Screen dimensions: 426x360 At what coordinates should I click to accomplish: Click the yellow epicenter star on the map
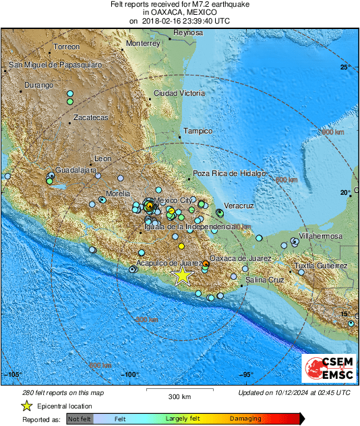tap(181, 275)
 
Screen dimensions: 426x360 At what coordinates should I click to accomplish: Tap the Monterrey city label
tap(142, 43)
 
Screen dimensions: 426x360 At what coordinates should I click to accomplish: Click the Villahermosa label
tap(321, 237)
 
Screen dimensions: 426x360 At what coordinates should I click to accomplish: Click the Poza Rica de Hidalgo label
tap(231, 173)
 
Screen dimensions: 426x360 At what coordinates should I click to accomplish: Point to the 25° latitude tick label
tap(345, 67)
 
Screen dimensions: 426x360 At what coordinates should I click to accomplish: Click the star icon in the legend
tap(26, 406)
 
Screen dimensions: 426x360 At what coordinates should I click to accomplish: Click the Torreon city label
tap(66, 47)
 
